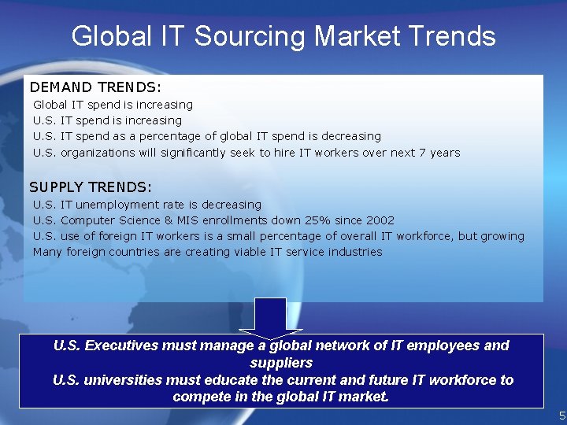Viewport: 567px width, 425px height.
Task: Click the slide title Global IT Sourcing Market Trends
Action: [x=283, y=35]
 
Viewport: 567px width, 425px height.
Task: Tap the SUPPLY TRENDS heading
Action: [x=91, y=187]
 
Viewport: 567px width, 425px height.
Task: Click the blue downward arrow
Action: [x=271, y=316]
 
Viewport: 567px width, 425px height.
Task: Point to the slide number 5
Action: [x=561, y=416]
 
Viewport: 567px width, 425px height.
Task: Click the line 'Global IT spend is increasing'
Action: [x=113, y=105]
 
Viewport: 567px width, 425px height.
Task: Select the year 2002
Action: [x=380, y=220]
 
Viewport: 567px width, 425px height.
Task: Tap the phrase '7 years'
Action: [x=444, y=153]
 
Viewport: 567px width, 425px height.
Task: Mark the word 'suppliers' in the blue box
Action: [x=281, y=363]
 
